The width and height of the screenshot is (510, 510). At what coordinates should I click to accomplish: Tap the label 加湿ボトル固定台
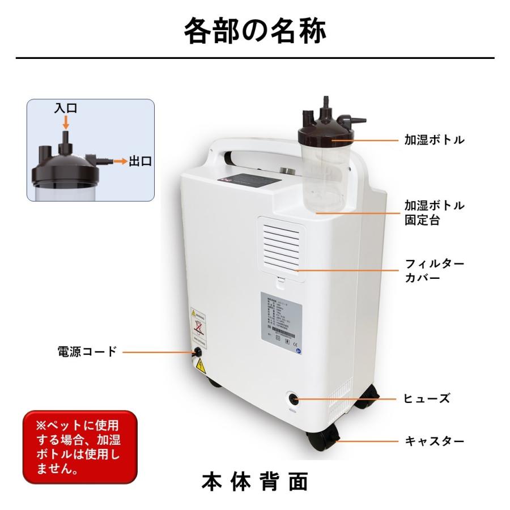(x=434, y=212)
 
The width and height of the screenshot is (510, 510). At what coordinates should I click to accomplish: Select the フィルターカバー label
(x=434, y=271)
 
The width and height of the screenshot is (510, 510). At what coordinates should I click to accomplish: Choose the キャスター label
(x=434, y=440)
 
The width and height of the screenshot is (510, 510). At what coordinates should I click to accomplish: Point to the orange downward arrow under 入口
(x=66, y=122)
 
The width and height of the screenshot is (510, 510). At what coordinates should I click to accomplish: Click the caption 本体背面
(x=255, y=482)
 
